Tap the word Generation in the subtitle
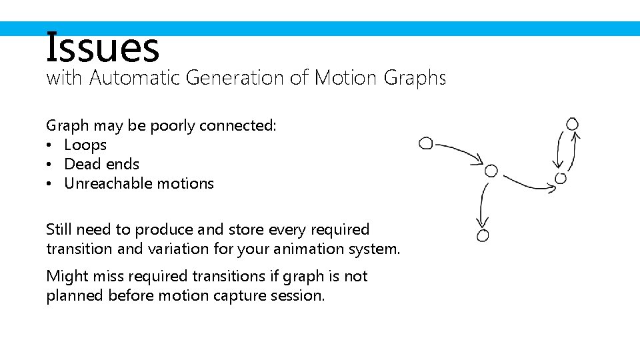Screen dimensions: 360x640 pos(235,78)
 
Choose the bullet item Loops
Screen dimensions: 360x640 pos(85,145)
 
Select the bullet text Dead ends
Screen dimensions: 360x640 pos(102,164)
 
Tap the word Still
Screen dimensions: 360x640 pos(59,229)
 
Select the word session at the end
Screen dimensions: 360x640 pos(299,295)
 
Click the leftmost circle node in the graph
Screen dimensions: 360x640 pos(425,143)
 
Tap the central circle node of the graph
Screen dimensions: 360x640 pos(491,171)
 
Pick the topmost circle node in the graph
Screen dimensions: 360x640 pos(572,124)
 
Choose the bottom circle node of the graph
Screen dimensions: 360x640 pos(483,235)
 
